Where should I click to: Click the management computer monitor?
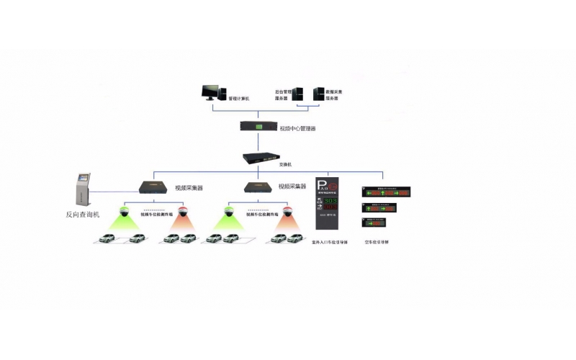(211, 92)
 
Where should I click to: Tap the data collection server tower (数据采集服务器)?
(318, 94)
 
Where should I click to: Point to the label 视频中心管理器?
(298, 128)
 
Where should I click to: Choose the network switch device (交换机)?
(260, 158)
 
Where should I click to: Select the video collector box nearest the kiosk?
(154, 186)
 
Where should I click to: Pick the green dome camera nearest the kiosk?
(123, 212)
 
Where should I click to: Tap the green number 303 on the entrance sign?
(330, 200)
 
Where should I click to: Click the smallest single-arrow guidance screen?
(374, 222)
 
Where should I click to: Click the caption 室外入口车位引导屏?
(330, 243)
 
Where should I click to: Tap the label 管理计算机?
(238, 99)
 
